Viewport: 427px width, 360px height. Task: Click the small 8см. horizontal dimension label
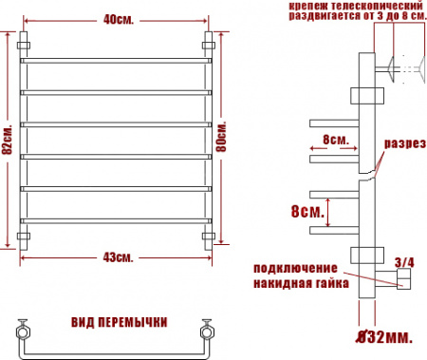click(x=335, y=139)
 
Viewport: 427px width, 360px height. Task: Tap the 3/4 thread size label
click(x=403, y=261)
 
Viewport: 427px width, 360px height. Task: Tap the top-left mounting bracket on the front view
click(x=26, y=45)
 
